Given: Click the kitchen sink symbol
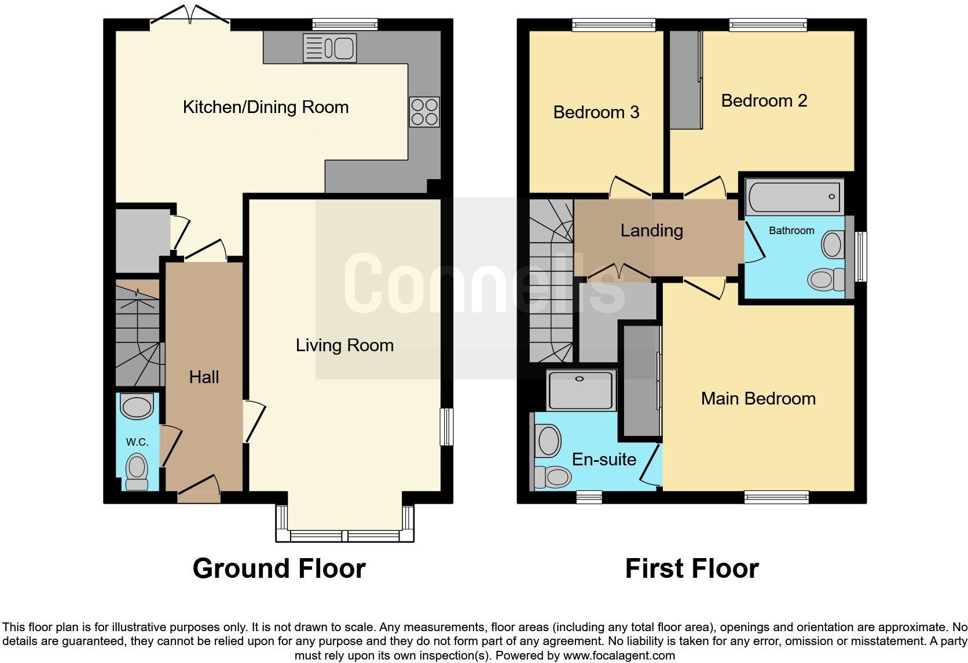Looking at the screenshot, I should pyautogui.click(x=329, y=48).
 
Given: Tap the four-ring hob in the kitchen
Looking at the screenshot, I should pyautogui.click(x=424, y=112).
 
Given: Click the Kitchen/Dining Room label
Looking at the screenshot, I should pyautogui.click(x=266, y=107).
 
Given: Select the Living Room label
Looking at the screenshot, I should pyautogui.click(x=344, y=345).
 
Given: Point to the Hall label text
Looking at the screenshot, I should pyautogui.click(x=204, y=377).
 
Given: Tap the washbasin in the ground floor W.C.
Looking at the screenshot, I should pyautogui.click(x=137, y=407).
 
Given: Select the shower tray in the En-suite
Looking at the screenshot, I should pyautogui.click(x=581, y=390).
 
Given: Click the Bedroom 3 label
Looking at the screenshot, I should pyautogui.click(x=596, y=112).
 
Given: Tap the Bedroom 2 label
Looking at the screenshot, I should pyautogui.click(x=764, y=101).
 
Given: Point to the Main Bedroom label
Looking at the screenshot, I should pyautogui.click(x=758, y=399).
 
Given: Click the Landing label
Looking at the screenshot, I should pyautogui.click(x=651, y=231).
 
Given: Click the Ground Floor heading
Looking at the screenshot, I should pyautogui.click(x=279, y=569).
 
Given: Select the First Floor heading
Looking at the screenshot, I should pyautogui.click(x=692, y=569).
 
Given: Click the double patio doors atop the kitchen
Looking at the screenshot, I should pyautogui.click(x=190, y=16).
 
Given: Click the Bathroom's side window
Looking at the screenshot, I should pyautogui.click(x=861, y=257).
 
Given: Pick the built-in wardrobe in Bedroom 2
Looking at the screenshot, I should pyautogui.click(x=685, y=80).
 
